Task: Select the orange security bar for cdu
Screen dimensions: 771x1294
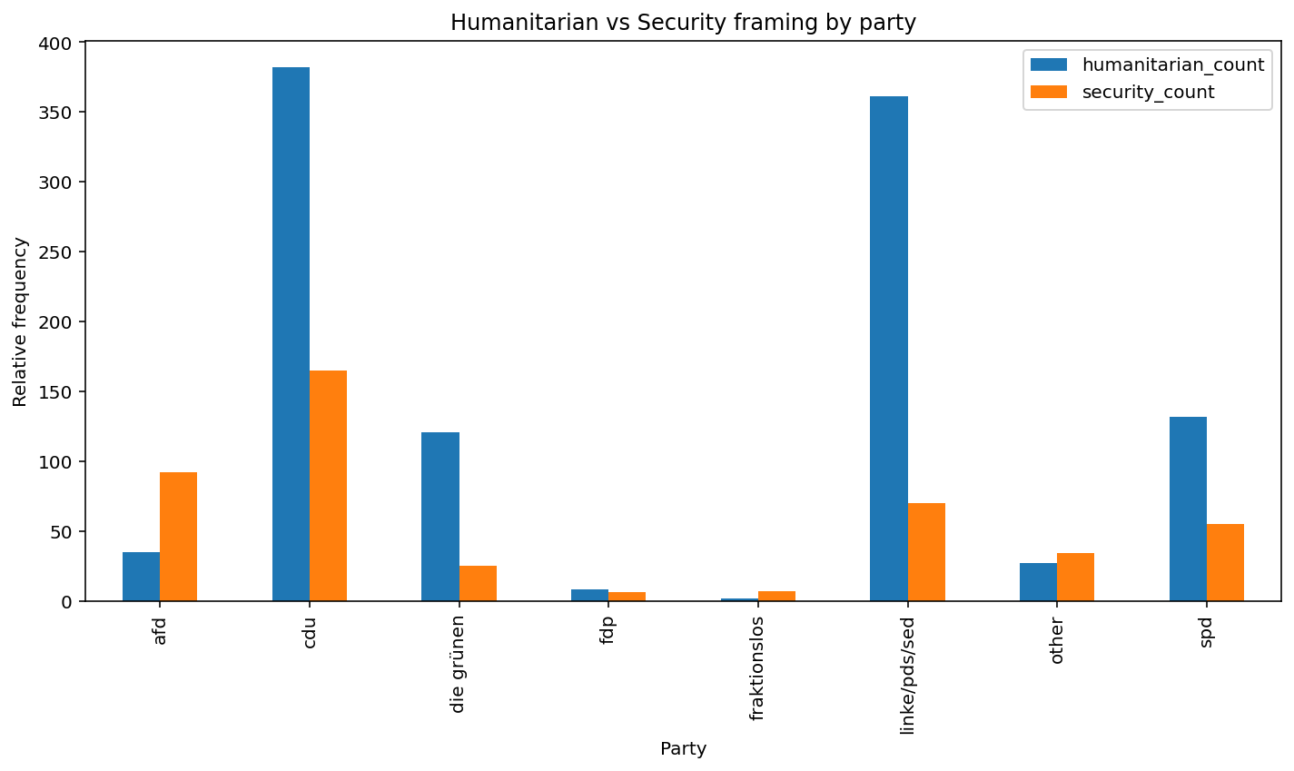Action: pos(328,486)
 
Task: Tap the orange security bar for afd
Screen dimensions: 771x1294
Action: pos(178,537)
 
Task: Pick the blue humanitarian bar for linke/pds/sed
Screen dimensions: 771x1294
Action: pos(889,349)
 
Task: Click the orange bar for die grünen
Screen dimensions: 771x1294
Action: pos(478,584)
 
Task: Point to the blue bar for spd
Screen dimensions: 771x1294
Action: pos(1188,509)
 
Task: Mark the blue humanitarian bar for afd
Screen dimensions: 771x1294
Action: pos(141,577)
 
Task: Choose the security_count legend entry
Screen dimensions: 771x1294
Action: pos(1148,92)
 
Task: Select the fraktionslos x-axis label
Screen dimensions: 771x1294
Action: pos(757,667)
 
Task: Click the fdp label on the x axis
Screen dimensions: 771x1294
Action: pos(607,630)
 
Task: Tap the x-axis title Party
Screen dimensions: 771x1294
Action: pos(683,749)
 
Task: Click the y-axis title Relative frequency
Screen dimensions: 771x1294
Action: pos(21,321)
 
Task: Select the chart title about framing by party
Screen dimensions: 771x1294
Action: pos(683,23)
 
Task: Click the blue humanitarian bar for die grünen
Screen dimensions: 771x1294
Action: pos(440,517)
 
